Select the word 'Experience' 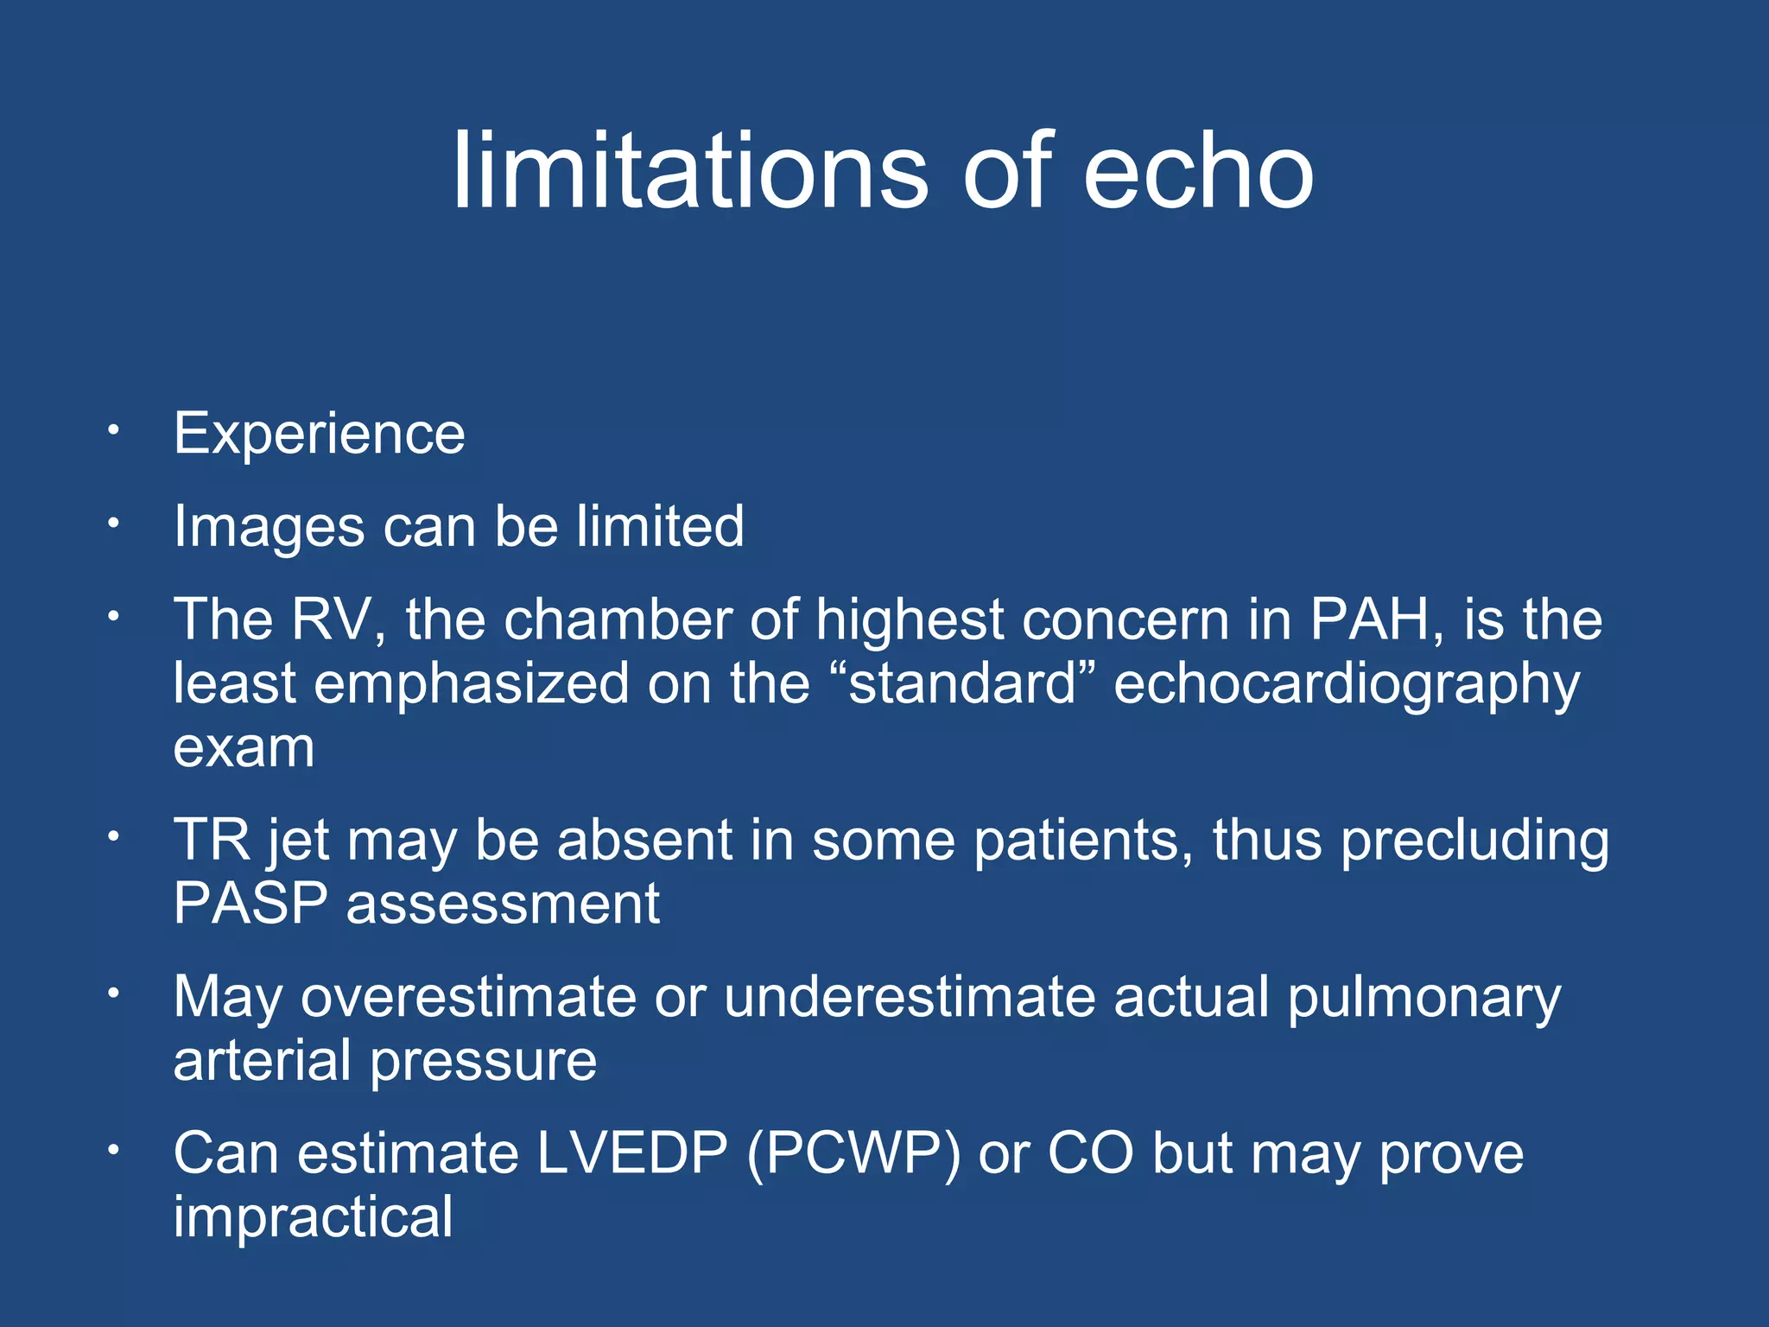(x=319, y=433)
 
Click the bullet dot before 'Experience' (x=112, y=429)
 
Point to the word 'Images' (x=269, y=526)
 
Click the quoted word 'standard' (x=963, y=683)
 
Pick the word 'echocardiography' (x=1347, y=685)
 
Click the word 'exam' (x=244, y=747)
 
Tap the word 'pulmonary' (x=1423, y=999)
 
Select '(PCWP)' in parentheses (x=853, y=1153)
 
